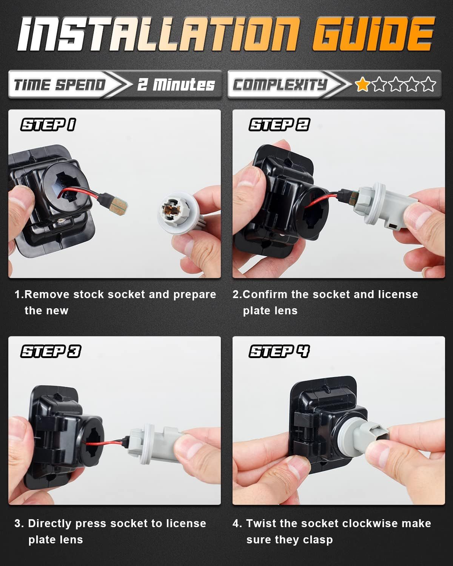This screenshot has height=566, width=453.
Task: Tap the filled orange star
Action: pyautogui.click(x=362, y=85)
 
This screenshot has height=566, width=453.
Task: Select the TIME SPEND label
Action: pyautogui.click(x=59, y=85)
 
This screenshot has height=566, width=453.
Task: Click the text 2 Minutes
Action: pyautogui.click(x=176, y=85)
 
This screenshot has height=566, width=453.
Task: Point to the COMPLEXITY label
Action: pyautogui.click(x=280, y=85)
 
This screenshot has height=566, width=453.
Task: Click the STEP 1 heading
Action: pyautogui.click(x=48, y=125)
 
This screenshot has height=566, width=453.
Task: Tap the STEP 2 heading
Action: pyautogui.click(x=279, y=125)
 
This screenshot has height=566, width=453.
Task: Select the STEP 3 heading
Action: pyautogui.click(x=51, y=351)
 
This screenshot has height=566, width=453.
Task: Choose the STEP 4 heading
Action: pyautogui.click(x=279, y=351)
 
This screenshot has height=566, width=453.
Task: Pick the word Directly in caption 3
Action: pyautogui.click(x=49, y=524)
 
